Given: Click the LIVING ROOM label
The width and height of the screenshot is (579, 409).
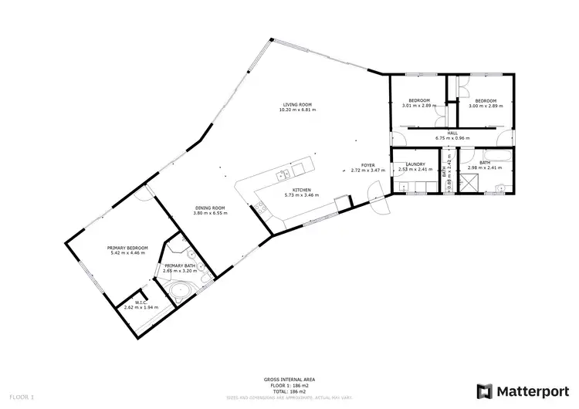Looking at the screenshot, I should click(297, 104).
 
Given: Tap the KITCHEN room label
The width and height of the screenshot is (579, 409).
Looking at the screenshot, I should click(301, 190).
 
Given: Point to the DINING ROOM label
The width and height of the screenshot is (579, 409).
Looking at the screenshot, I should click(209, 207).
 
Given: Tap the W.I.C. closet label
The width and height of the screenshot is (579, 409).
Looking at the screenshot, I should click(141, 302).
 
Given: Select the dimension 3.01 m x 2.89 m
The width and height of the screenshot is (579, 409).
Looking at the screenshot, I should click(418, 106).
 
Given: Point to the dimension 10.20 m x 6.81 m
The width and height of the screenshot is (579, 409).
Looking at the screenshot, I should click(297, 110).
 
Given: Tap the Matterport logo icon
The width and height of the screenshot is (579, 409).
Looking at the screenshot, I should click(485, 390).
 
